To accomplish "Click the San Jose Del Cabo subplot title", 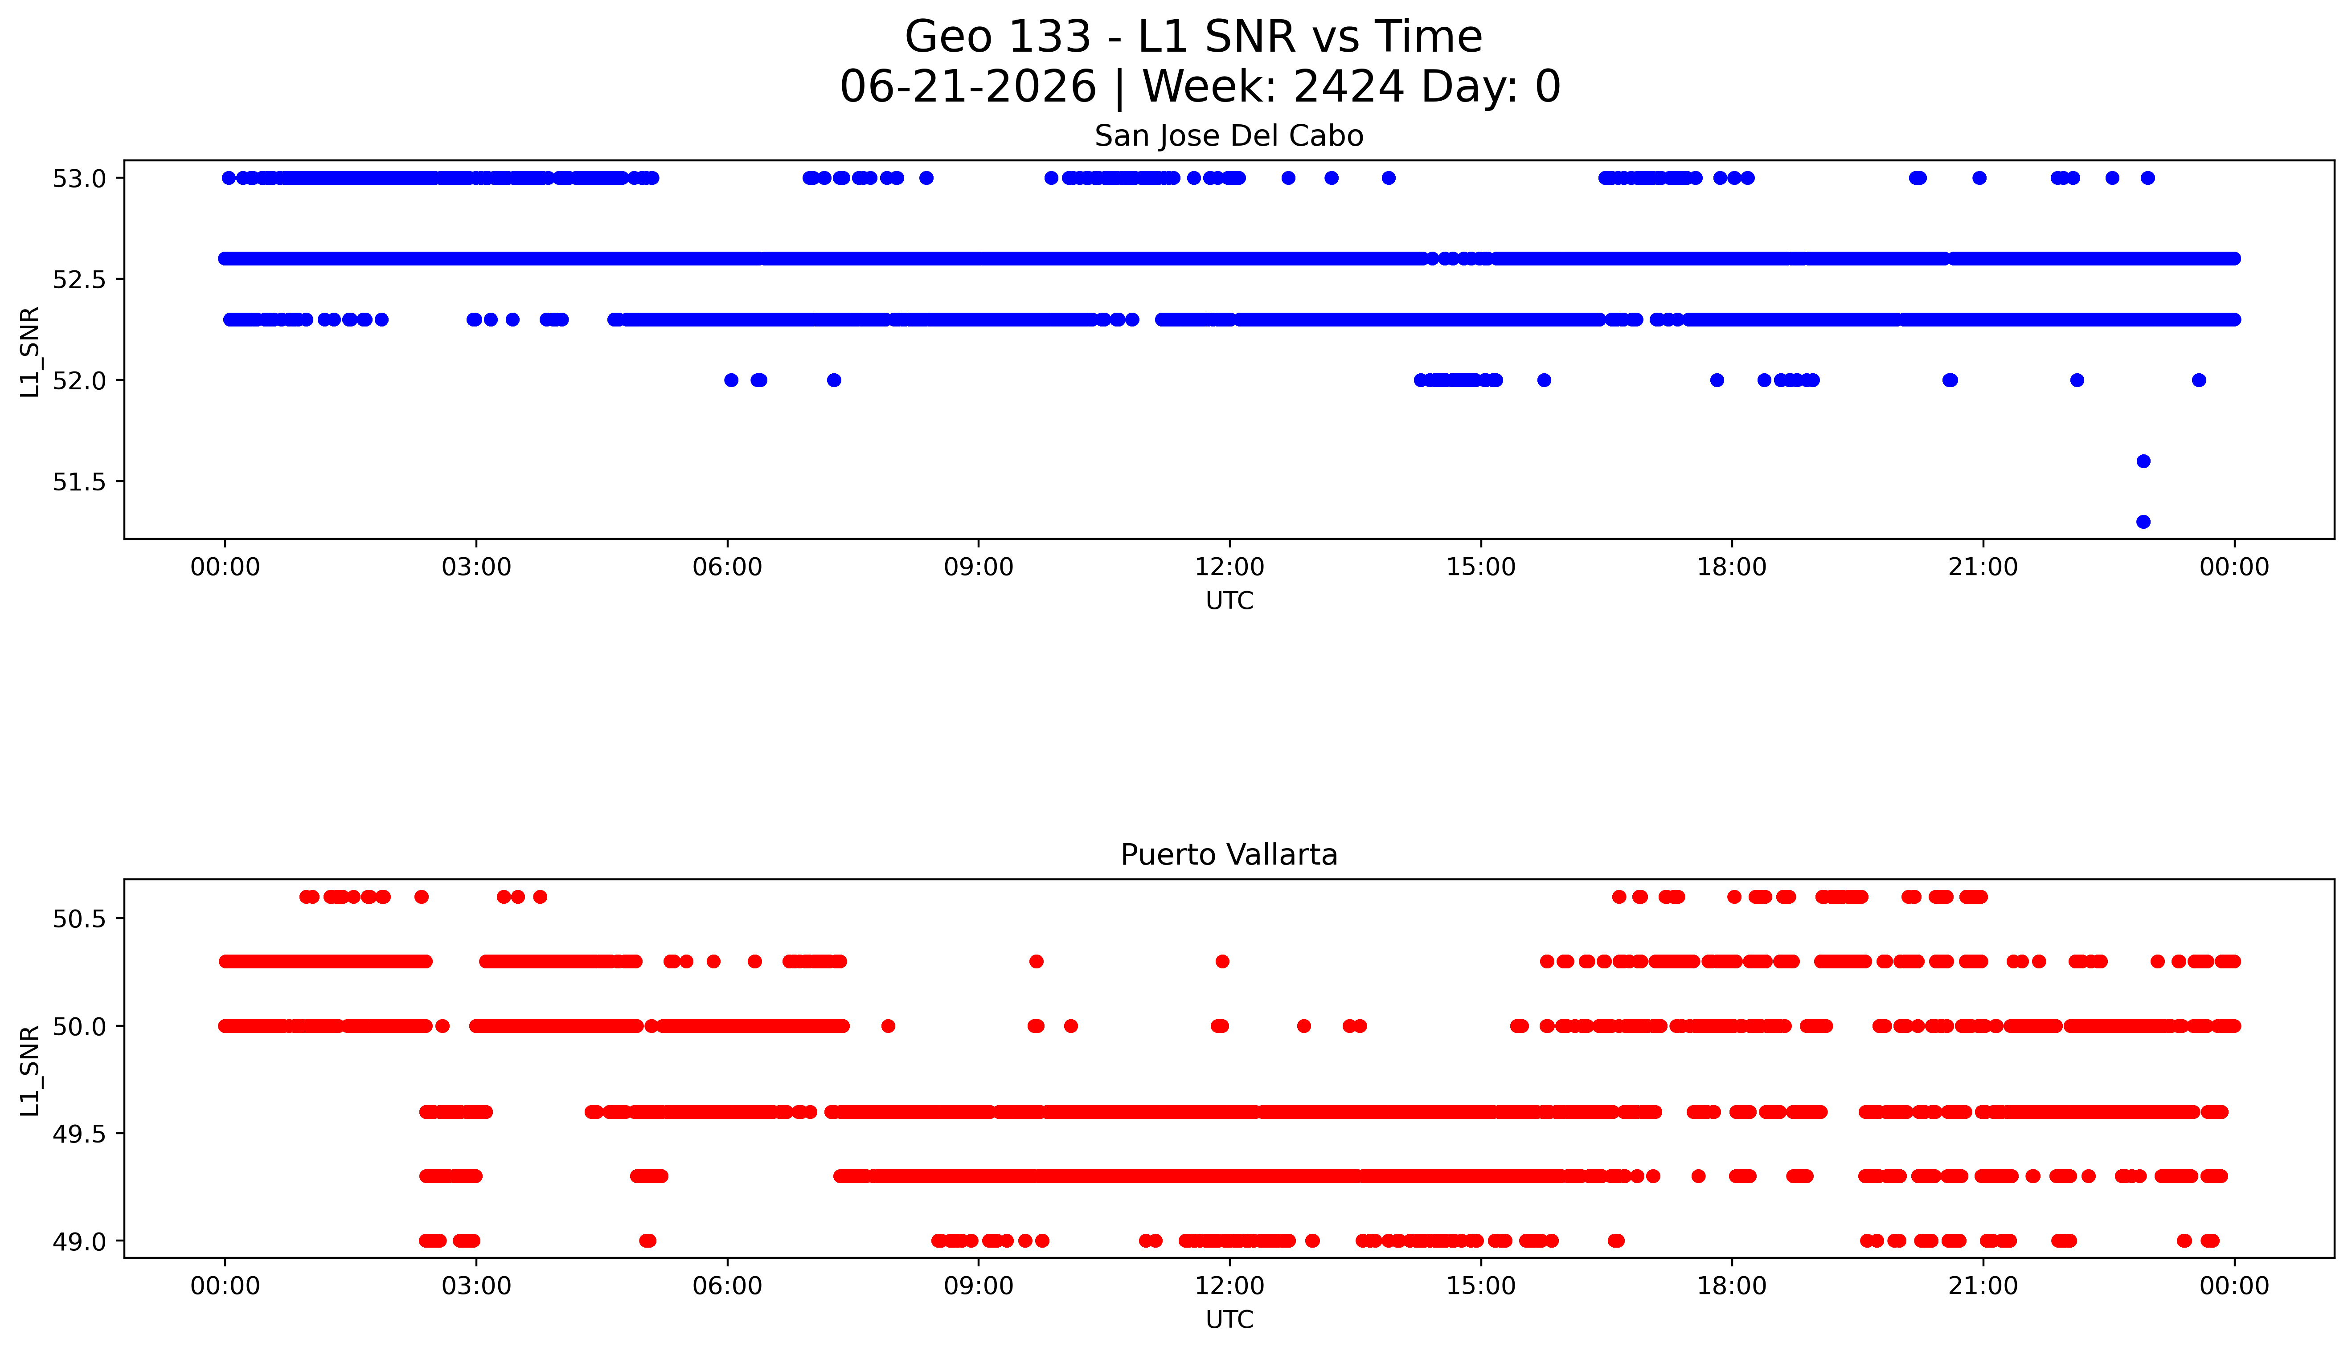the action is click(x=1229, y=136).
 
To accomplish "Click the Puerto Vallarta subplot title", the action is click(x=1229, y=855).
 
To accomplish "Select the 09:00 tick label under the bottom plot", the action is click(x=978, y=1286).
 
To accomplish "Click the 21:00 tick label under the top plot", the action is click(x=1983, y=567).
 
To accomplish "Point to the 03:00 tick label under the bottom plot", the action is click(x=476, y=1286).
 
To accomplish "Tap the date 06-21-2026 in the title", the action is click(x=968, y=87).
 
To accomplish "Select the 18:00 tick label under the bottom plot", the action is click(x=1731, y=1286).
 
